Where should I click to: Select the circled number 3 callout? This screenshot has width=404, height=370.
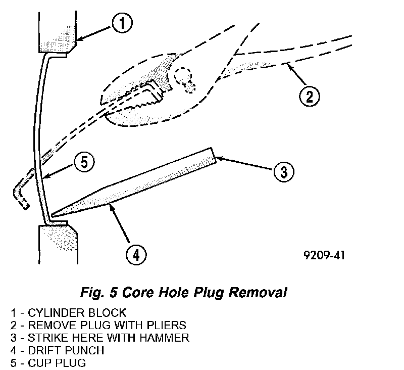click(x=284, y=171)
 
